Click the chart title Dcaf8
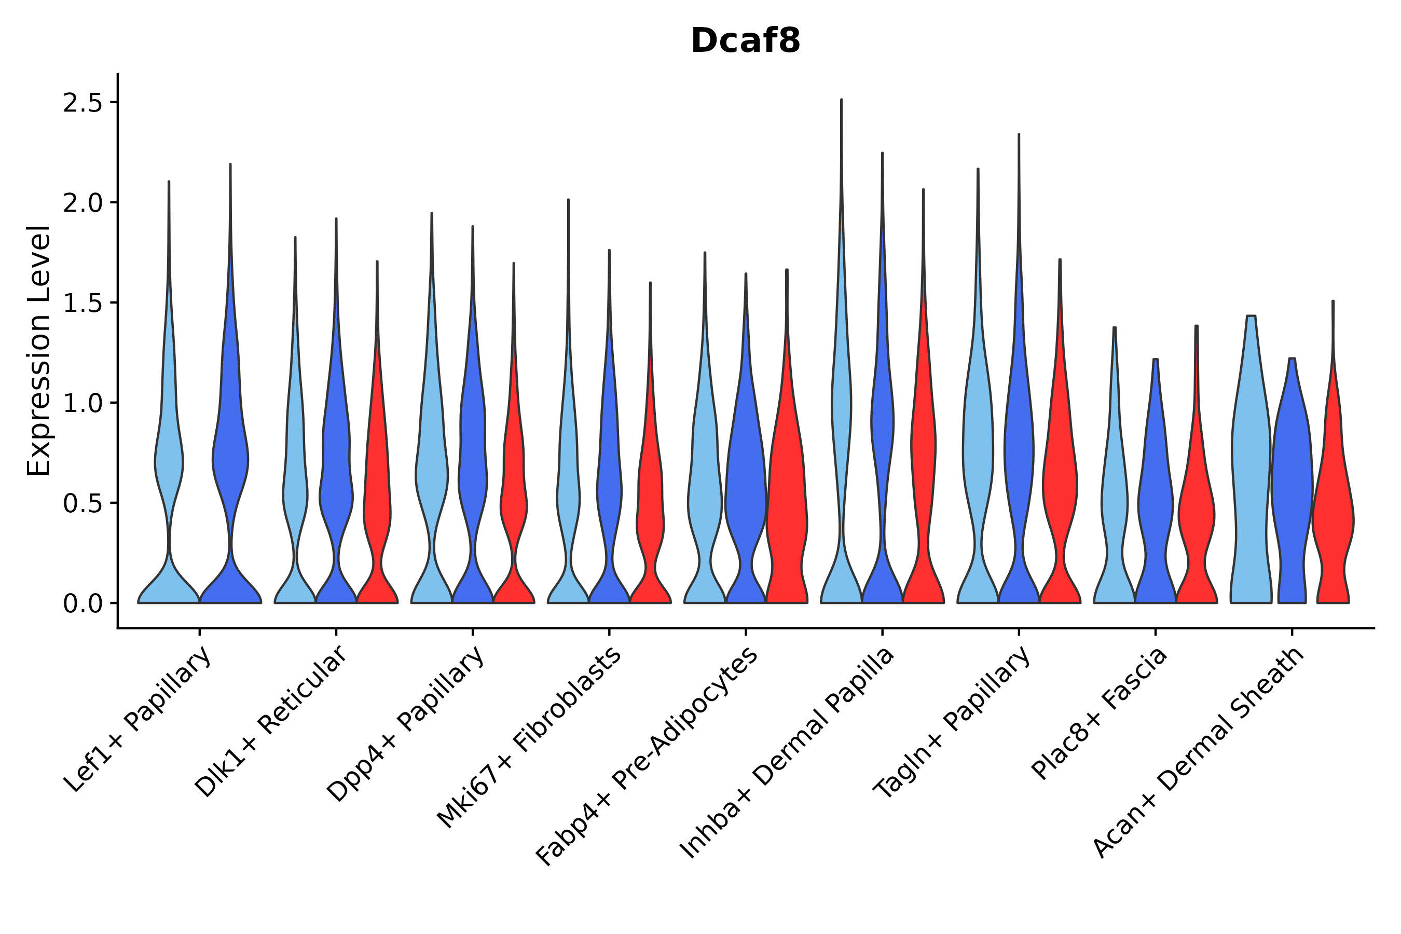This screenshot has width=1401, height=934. (x=745, y=41)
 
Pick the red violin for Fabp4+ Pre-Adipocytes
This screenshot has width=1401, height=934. (x=786, y=506)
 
